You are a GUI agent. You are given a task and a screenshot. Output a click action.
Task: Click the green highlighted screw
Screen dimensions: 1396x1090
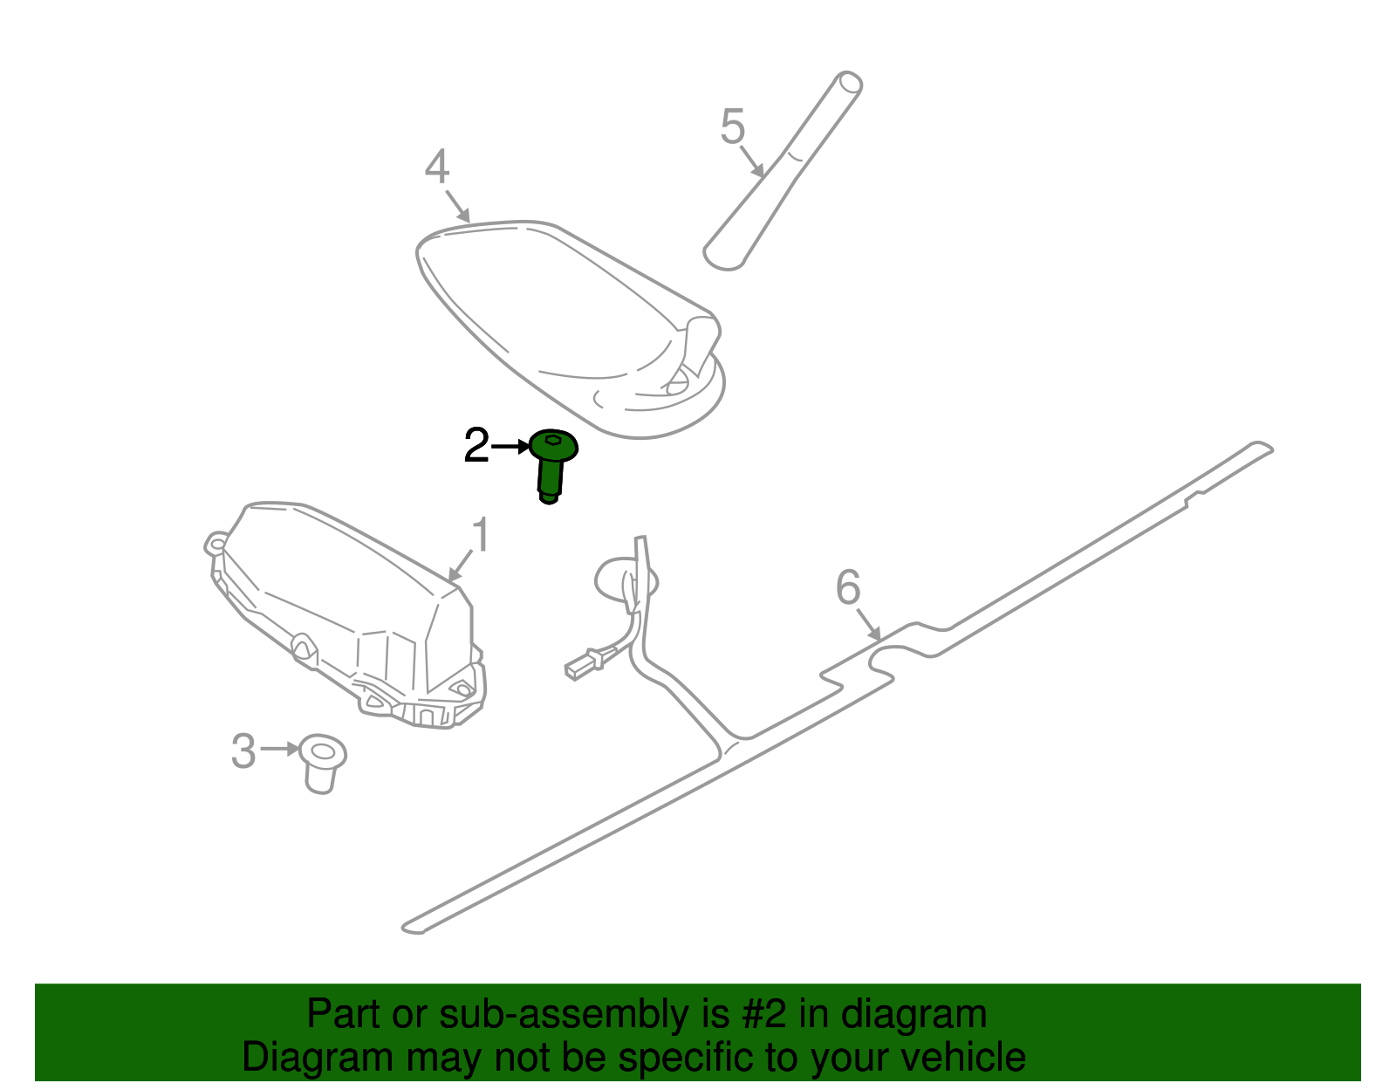(x=551, y=464)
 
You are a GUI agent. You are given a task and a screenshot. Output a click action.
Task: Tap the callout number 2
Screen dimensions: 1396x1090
(x=476, y=445)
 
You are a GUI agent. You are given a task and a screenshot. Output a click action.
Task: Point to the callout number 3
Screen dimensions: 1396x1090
(x=243, y=751)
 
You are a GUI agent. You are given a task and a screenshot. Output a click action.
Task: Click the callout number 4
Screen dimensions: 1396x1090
(x=437, y=167)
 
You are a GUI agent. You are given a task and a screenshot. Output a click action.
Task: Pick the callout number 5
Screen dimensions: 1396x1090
(x=732, y=126)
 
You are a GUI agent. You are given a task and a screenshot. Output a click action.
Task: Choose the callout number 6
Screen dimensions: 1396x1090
(x=847, y=587)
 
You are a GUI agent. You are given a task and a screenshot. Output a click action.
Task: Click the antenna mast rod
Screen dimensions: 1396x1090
(x=783, y=171)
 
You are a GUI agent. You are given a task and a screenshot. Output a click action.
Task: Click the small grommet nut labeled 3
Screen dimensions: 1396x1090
(x=323, y=764)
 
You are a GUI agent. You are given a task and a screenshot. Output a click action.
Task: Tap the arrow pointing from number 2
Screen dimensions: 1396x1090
(x=510, y=446)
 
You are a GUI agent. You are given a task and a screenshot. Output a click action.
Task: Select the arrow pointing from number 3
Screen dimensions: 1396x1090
(x=280, y=749)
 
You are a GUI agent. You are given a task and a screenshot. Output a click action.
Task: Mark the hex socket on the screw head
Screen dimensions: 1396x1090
(x=553, y=439)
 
